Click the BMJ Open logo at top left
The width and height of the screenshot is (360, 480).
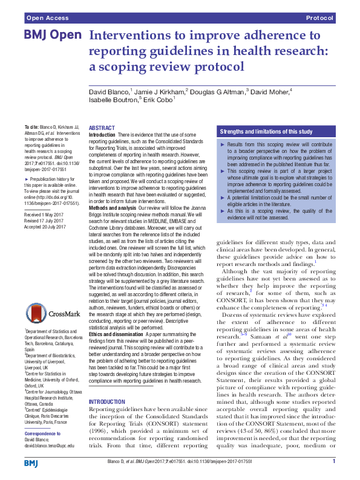[x=53, y=36]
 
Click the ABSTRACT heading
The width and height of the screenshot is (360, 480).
[x=102, y=128]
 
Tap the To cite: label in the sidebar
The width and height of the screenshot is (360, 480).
[x=31, y=122]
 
